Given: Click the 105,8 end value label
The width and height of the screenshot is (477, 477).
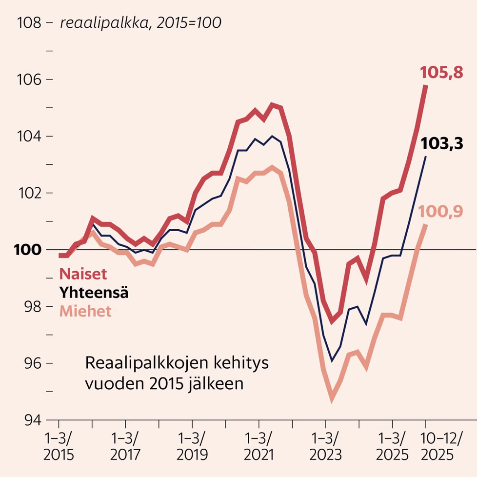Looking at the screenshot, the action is click(441, 73).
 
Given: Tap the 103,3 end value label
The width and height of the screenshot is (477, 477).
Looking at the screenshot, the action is click(442, 143).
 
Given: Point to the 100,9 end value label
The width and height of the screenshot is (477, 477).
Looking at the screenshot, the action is click(440, 211).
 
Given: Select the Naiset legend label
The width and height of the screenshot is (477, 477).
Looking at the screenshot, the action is click(83, 274).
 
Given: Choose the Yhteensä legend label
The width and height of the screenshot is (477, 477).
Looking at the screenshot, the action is click(94, 293).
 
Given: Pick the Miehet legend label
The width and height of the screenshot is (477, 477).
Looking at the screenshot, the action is click(85, 311).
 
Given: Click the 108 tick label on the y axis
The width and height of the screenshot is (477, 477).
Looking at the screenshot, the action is click(29, 23).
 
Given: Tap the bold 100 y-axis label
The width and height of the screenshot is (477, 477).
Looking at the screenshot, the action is click(28, 250).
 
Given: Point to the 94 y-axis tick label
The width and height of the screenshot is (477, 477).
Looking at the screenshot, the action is click(33, 420).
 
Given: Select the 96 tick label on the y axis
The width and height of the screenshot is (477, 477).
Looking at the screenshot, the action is click(33, 363).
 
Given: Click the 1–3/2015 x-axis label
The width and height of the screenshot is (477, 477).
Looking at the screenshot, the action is click(59, 447).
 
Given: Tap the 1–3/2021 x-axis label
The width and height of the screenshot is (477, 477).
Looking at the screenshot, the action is click(259, 447).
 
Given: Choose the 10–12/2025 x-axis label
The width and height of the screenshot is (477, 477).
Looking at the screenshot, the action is click(441, 447).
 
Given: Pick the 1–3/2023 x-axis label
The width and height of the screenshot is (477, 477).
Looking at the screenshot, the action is click(326, 447).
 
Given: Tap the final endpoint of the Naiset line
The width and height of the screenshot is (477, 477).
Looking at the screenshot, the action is click(425, 86).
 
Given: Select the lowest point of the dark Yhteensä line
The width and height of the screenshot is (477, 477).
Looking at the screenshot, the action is click(332, 361).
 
